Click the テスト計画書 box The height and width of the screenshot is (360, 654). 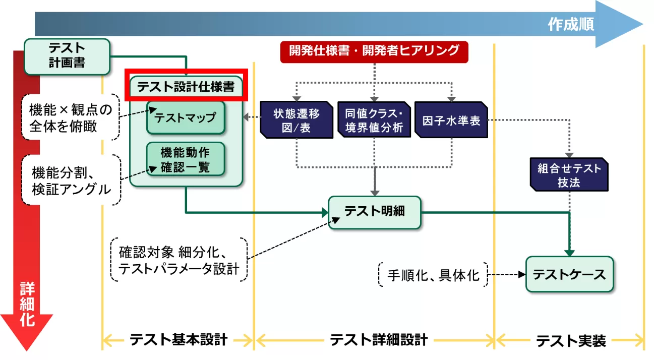pyautogui.click(x=67, y=55)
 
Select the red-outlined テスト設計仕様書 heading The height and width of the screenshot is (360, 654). pyautogui.click(x=186, y=86)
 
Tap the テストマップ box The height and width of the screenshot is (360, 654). pyautogui.click(x=185, y=117)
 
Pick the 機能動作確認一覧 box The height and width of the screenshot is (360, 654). pyautogui.click(x=185, y=159)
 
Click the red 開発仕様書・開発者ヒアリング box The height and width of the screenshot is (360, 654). pyautogui.click(x=374, y=51)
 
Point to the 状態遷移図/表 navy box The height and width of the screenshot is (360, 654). pyautogui.click(x=296, y=119)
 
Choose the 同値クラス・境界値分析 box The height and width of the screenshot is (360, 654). pyautogui.click(x=374, y=119)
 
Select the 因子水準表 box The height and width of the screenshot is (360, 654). pyautogui.click(x=451, y=119)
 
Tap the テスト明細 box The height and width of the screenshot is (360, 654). pyautogui.click(x=374, y=212)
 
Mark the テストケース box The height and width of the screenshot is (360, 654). pyautogui.click(x=569, y=275)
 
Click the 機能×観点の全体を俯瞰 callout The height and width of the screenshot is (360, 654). pyautogui.click(x=70, y=117)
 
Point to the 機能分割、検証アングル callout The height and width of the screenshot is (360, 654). pyautogui.click(x=71, y=181)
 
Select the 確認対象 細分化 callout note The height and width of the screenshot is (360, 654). pyautogui.click(x=179, y=260)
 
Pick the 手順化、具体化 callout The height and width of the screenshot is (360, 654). pyautogui.click(x=433, y=275)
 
